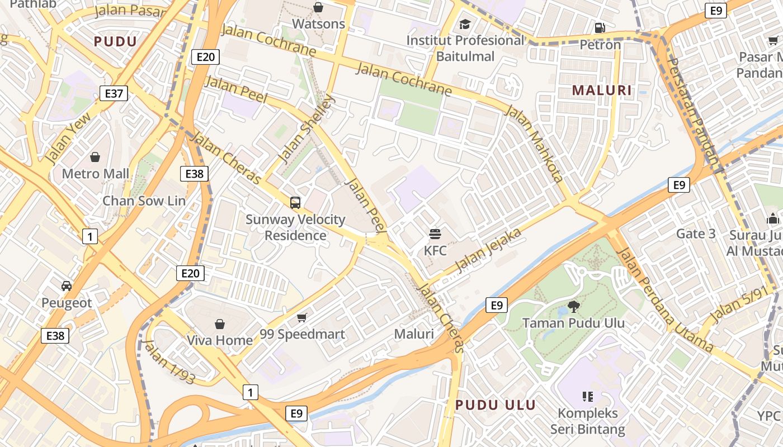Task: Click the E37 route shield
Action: pyautogui.click(x=114, y=93)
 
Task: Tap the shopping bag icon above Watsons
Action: pyautogui.click(x=318, y=7)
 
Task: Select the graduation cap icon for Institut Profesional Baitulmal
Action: pyautogui.click(x=465, y=24)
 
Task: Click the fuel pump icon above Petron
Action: pyautogui.click(x=600, y=27)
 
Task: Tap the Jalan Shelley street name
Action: pyautogui.click(x=307, y=129)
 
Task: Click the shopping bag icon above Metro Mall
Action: pyautogui.click(x=95, y=157)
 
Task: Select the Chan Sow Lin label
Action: pyautogui.click(x=144, y=201)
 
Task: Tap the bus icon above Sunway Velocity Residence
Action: pyautogui.click(x=295, y=203)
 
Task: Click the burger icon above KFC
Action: pyautogui.click(x=435, y=234)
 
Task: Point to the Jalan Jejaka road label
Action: pyautogui.click(x=489, y=250)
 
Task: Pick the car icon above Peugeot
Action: pyautogui.click(x=67, y=286)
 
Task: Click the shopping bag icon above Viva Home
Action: pyautogui.click(x=220, y=324)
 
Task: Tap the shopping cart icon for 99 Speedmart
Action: pyautogui.click(x=302, y=318)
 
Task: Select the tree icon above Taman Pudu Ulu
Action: pyautogui.click(x=573, y=306)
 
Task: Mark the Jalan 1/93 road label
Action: pyautogui.click(x=169, y=362)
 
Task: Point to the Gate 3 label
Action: pyautogui.click(x=696, y=234)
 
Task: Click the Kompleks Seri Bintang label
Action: pyautogui.click(x=587, y=421)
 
